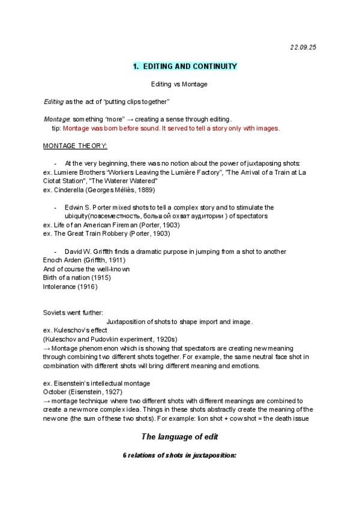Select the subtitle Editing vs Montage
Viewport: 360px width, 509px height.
coord(179,85)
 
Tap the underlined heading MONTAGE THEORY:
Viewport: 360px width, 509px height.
coord(75,146)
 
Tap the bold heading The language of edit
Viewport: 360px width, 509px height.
coord(179,436)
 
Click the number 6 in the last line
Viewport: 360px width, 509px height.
coord(125,456)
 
